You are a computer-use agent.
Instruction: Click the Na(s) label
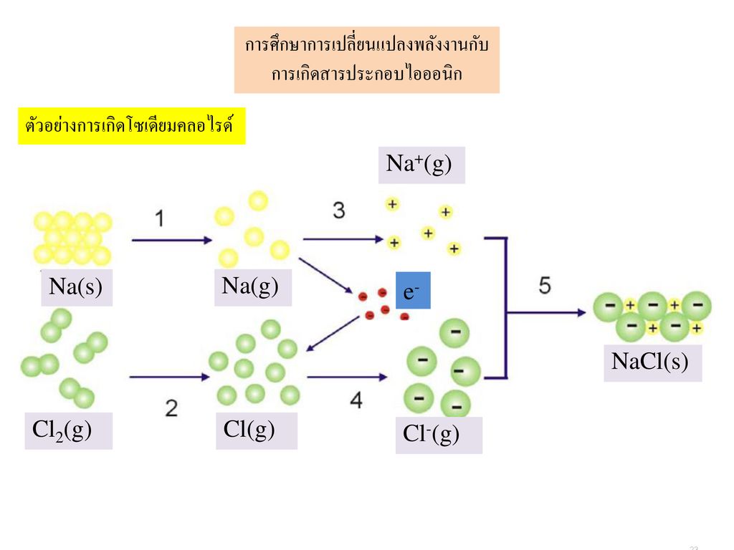click(77, 287)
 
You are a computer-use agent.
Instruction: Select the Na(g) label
click(253, 287)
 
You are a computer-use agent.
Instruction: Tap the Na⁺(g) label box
click(421, 165)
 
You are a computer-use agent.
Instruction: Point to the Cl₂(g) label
click(68, 430)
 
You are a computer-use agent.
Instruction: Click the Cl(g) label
click(257, 430)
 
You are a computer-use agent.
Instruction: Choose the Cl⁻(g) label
click(439, 435)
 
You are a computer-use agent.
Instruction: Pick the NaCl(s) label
click(652, 363)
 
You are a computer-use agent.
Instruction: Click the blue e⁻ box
click(413, 291)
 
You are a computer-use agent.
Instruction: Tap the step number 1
click(160, 218)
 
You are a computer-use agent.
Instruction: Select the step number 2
click(171, 408)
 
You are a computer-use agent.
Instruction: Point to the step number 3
click(339, 211)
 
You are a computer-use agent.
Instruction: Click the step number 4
click(356, 400)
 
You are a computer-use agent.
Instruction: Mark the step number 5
click(545, 285)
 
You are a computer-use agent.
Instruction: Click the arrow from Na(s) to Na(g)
click(172, 241)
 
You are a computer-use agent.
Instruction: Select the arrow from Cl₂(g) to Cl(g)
click(169, 377)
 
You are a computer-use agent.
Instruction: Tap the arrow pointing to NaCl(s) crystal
click(546, 312)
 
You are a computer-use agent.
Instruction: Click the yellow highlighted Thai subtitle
click(132, 126)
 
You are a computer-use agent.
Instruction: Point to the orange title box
click(367, 60)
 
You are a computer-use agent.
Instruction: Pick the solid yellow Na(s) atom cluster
click(72, 238)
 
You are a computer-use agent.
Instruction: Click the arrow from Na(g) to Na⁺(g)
click(343, 239)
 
